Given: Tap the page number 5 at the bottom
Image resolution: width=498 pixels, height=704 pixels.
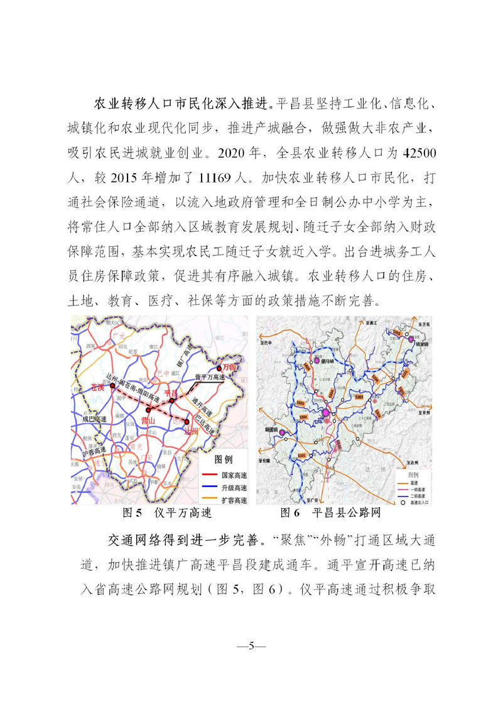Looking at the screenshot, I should [249, 646].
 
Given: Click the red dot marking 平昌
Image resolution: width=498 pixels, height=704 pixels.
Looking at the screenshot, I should [171, 400].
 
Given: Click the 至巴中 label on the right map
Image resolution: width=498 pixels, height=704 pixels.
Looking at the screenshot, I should [271, 343].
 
